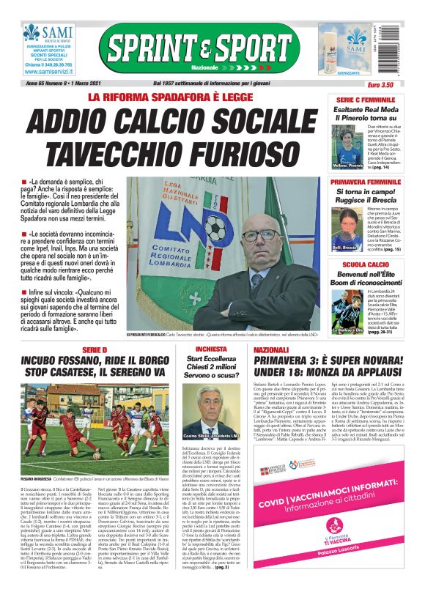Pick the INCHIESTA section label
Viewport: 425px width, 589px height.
click(x=211, y=349)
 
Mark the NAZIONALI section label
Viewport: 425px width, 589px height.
click(x=272, y=350)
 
